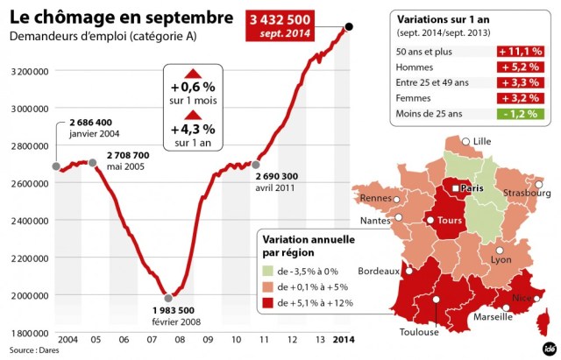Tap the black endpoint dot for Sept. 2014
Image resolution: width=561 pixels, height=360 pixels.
349,26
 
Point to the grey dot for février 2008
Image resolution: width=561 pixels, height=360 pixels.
168,297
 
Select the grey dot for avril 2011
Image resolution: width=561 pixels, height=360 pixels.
257,164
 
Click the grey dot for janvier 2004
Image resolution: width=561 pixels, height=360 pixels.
55,166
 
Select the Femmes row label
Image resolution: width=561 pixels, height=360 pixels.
415,98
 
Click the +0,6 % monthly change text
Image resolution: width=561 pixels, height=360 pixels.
193,88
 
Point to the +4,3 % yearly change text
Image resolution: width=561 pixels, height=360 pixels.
193,130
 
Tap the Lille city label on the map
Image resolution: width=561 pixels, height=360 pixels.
482,141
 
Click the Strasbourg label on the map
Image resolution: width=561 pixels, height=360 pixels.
527,193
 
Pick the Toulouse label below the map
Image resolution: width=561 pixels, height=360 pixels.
419,332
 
